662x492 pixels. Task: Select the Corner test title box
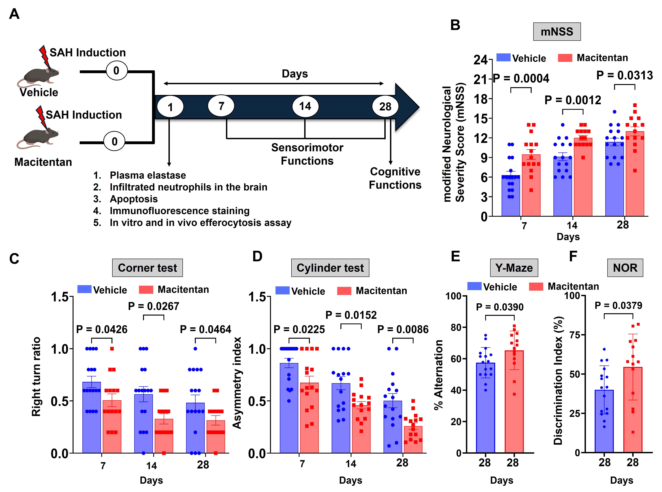[x=147, y=268]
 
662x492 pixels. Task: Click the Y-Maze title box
[x=514, y=268]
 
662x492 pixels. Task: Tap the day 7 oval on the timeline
[x=221, y=106]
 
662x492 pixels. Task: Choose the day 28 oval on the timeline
[x=385, y=107]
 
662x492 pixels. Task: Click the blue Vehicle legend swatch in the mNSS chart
[x=503, y=57]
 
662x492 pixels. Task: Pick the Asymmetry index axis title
[x=237, y=383]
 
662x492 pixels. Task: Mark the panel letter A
[x=14, y=14]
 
